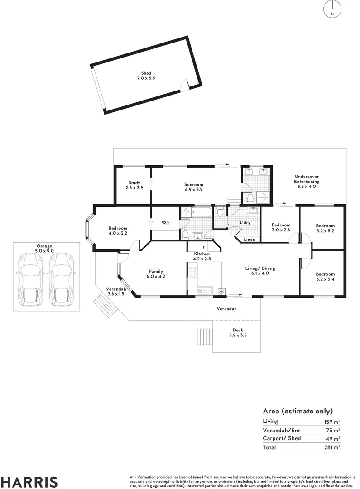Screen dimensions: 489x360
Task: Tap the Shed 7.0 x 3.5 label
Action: pos(146,76)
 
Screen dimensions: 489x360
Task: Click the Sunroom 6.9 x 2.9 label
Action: pos(193,187)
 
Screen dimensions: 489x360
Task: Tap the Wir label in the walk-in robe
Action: pos(166,223)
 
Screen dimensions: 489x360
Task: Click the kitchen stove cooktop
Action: pos(192,273)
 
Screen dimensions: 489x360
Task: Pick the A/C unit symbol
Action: pos(221,292)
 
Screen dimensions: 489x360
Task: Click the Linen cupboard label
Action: pos(249,239)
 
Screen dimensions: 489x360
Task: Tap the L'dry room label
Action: pos(245,223)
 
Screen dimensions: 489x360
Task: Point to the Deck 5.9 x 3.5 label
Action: pos(238,333)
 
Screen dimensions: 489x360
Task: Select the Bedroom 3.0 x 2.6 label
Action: pos(281,227)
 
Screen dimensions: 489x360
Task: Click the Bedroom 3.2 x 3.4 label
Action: pos(325,277)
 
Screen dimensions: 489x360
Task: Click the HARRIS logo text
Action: pos(29,481)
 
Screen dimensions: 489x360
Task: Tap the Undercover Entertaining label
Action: pos(307,182)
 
